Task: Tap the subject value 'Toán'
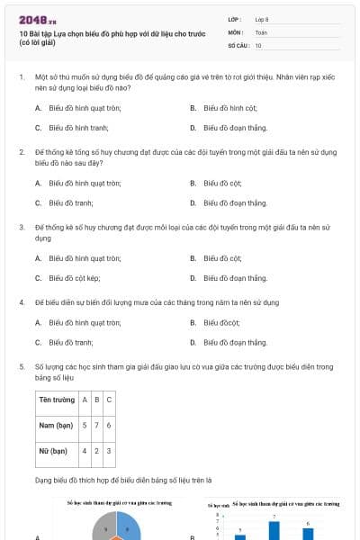click(x=261, y=31)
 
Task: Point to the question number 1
click(x=21, y=78)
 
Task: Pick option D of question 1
click(x=235, y=128)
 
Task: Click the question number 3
click(x=21, y=228)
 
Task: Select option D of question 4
click(x=235, y=342)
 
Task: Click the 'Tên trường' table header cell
click(x=56, y=399)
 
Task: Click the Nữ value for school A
click(x=85, y=450)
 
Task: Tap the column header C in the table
click(x=109, y=399)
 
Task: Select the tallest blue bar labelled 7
click(x=274, y=530)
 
